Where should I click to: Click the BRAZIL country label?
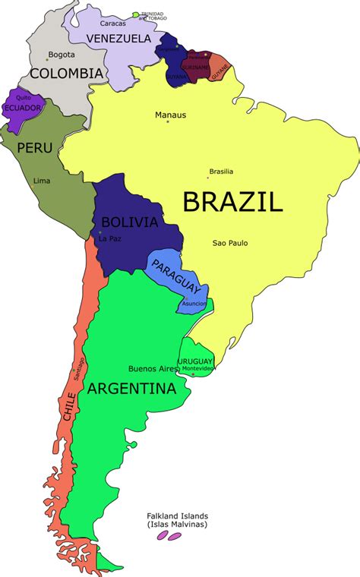(x=232, y=201)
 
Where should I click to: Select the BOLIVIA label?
(x=129, y=222)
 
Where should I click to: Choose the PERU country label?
(x=35, y=147)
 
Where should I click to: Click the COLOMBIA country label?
(x=65, y=74)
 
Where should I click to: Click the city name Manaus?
(x=169, y=115)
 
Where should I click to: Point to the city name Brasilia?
(x=221, y=171)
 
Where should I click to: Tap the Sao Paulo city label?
(x=229, y=243)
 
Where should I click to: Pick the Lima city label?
(x=43, y=180)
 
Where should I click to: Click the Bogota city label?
(x=61, y=55)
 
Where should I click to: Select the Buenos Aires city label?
(x=152, y=369)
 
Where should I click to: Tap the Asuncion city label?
(x=194, y=303)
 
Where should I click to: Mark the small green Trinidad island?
(x=136, y=14)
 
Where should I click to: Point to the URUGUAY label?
(x=195, y=361)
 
